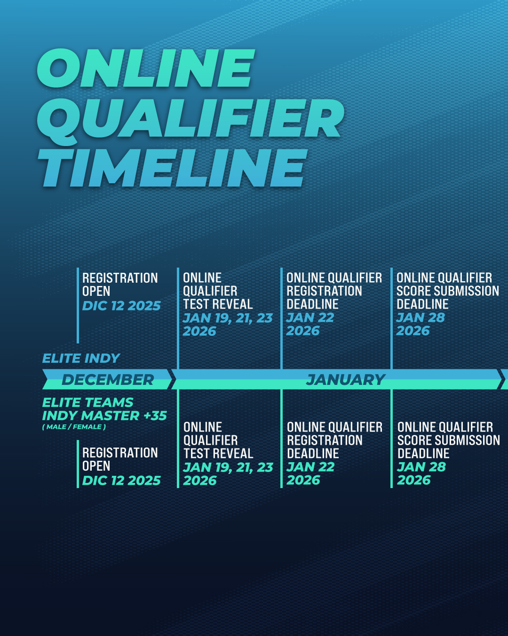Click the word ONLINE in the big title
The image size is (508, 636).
coord(145,68)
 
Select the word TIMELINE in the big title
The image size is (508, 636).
coord(173,168)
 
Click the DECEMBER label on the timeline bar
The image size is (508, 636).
coord(107,379)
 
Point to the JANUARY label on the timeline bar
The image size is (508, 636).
coord(345,379)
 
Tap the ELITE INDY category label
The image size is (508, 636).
coord(81,358)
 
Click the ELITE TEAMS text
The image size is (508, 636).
coord(87,402)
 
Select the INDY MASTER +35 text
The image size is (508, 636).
coord(104,416)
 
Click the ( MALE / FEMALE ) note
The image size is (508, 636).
coord(74,427)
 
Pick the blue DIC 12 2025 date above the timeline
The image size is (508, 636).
coord(121,306)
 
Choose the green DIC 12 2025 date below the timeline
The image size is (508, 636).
coord(121,480)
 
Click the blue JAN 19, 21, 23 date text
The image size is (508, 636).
coord(228,318)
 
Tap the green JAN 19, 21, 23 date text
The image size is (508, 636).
coord(228,467)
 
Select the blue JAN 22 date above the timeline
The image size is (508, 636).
coord(310,318)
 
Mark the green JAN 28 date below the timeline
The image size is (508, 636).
coord(421,467)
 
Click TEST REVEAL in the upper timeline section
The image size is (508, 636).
coord(218,304)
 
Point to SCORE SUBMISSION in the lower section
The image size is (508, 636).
coord(448,440)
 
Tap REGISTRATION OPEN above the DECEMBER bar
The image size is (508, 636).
coord(120,284)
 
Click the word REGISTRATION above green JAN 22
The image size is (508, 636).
coord(325,440)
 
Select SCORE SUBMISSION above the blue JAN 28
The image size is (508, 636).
coord(447,291)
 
